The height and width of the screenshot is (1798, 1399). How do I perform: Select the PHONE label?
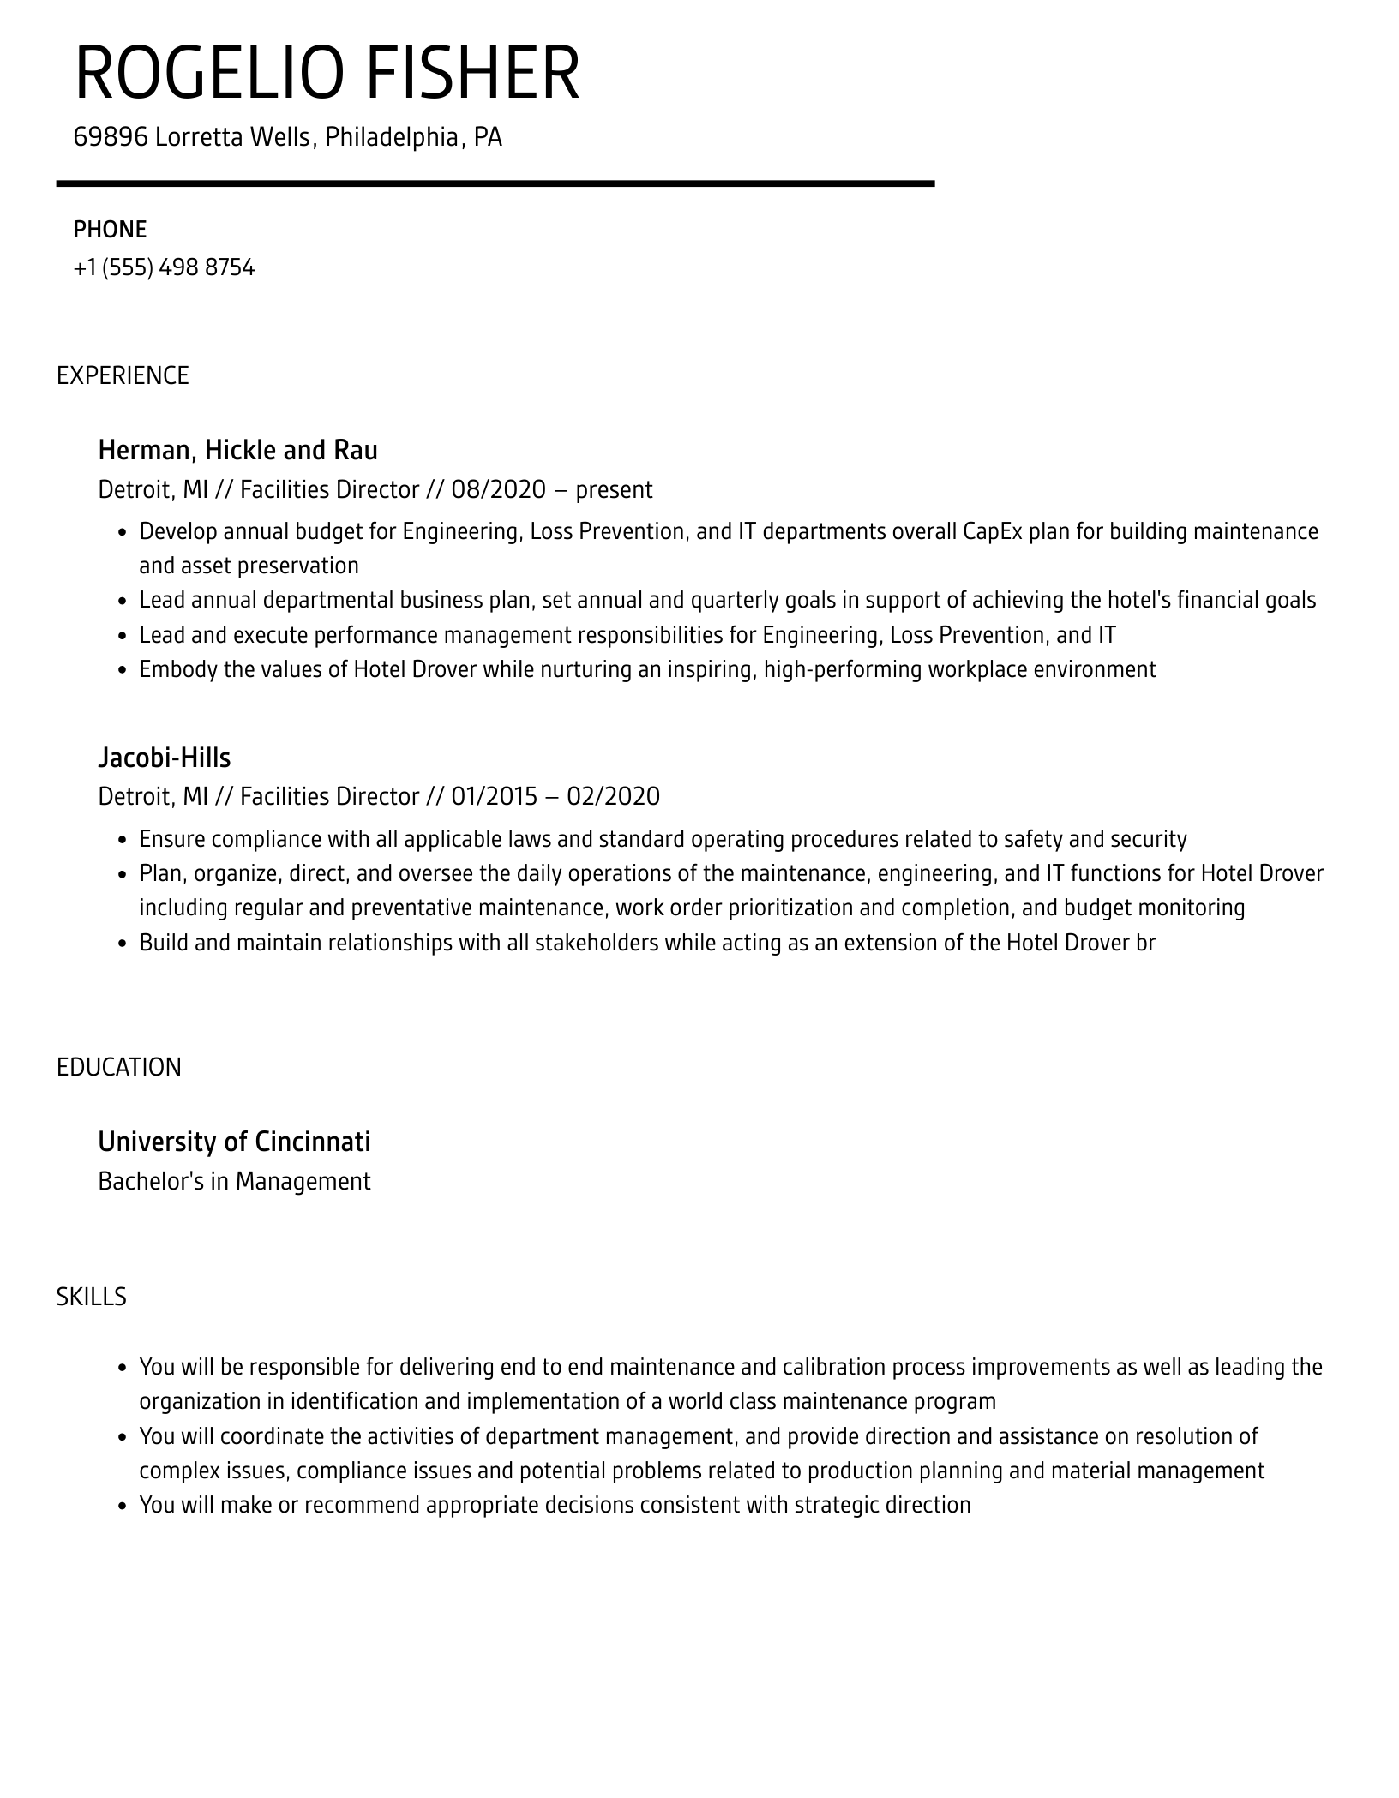(110, 230)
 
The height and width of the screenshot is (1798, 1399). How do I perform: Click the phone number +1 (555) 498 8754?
(164, 268)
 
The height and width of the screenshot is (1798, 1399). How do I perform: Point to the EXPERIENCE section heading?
(123, 375)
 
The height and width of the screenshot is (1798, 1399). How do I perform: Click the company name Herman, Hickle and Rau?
(237, 450)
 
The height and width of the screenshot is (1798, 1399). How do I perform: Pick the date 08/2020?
(498, 490)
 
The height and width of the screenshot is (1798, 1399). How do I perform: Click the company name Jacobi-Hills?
(164, 758)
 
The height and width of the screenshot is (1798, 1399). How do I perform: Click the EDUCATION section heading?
(119, 1067)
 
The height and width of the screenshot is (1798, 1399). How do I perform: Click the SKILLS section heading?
(91, 1297)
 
